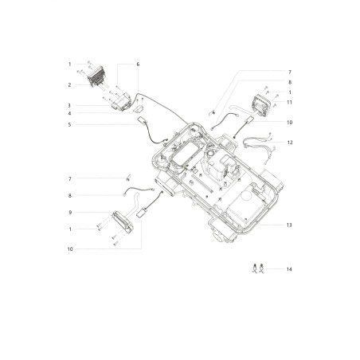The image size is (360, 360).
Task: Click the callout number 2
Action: tap(69, 85)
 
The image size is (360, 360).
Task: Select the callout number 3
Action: tap(69, 105)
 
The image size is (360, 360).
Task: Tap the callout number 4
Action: tap(69, 113)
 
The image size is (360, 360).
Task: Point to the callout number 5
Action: tap(69, 124)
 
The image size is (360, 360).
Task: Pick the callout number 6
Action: tap(138, 65)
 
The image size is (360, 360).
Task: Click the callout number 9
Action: tap(70, 213)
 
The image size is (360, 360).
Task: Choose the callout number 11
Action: tap(289, 102)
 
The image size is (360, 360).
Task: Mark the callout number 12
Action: tap(290, 143)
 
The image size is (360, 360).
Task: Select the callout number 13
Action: tap(289, 225)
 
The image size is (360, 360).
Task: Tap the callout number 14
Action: tap(289, 269)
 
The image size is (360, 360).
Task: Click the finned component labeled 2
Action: tap(96, 76)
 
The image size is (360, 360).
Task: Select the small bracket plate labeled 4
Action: tap(139, 109)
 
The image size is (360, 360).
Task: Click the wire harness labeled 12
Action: tap(259, 145)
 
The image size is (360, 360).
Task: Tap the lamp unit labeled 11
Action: tap(261, 105)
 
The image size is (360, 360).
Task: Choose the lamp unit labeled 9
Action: tap(123, 222)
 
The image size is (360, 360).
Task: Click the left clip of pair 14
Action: tap(255, 268)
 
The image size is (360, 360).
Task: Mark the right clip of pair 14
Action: tap(261, 268)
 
